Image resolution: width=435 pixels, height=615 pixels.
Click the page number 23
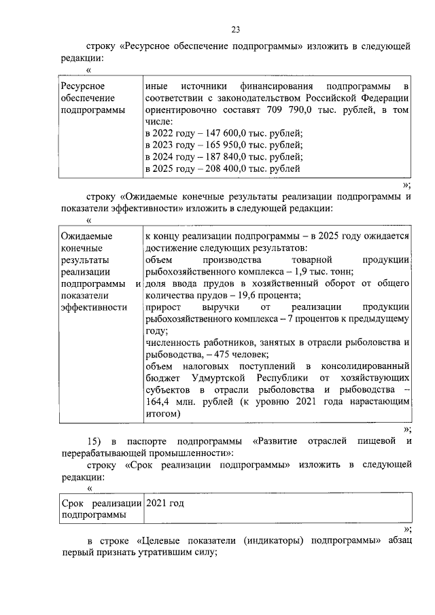tap(235, 29)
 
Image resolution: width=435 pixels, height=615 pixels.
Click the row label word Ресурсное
tap(82, 86)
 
